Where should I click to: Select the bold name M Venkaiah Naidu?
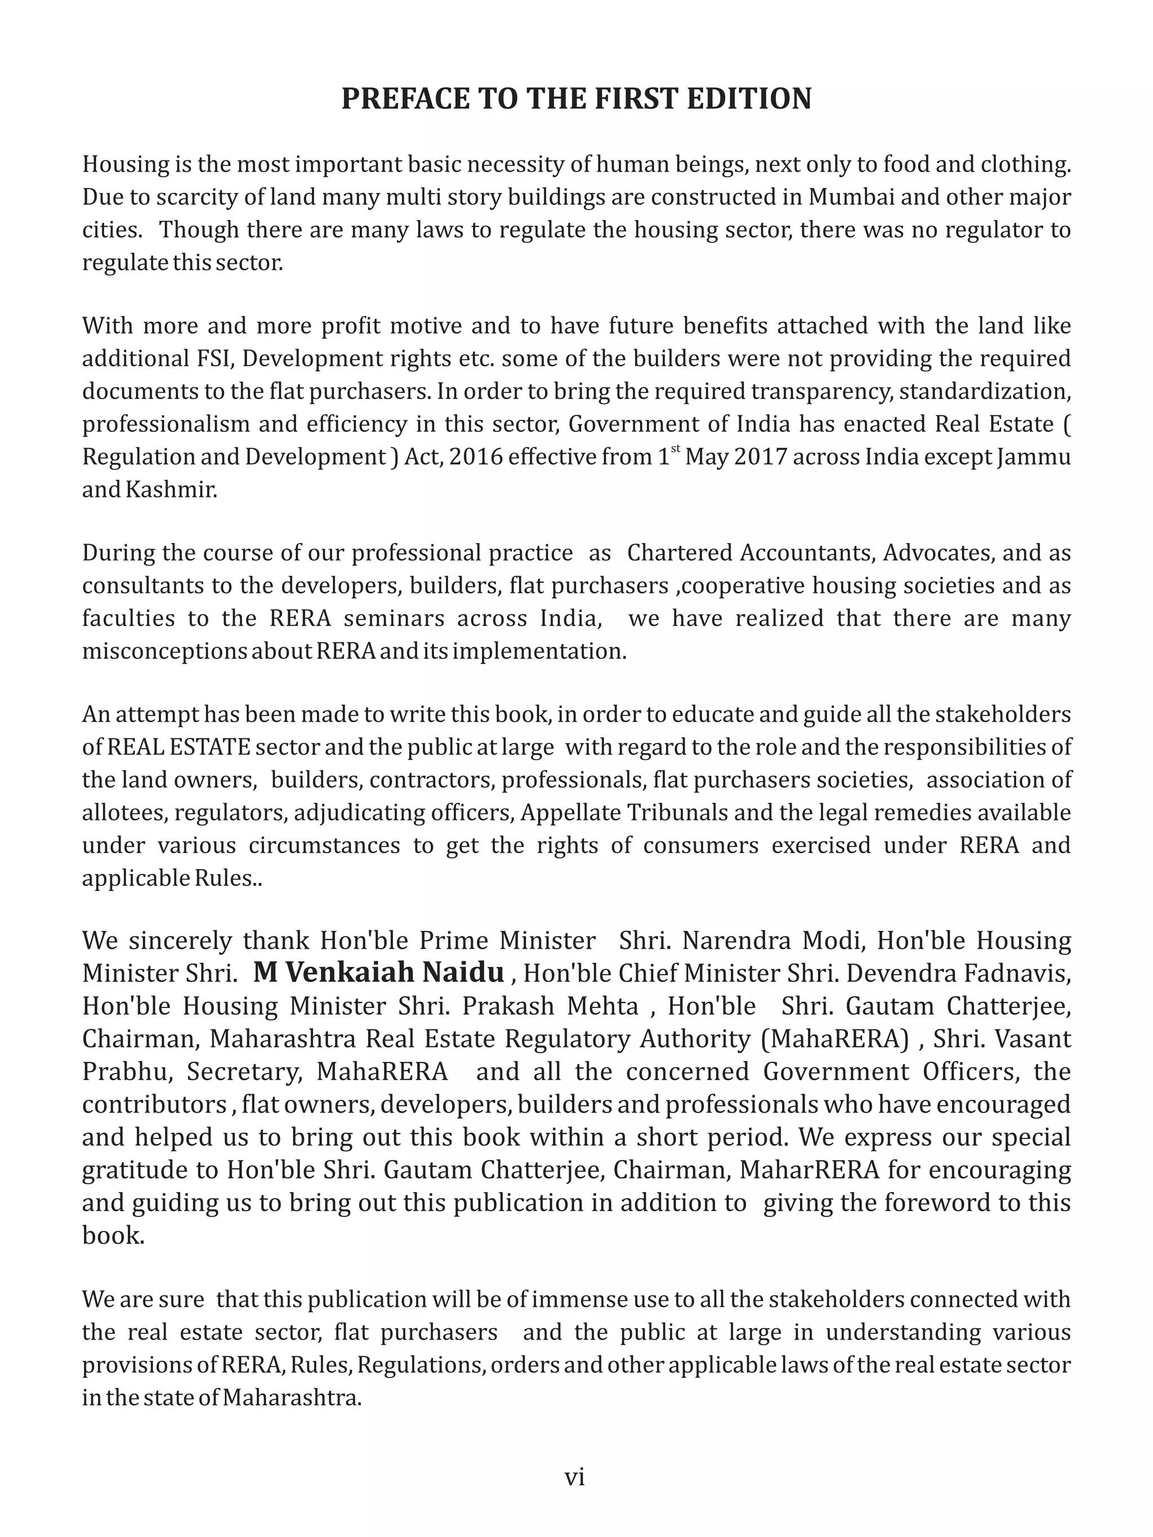click(x=379, y=972)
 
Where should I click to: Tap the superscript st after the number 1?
click(x=674, y=450)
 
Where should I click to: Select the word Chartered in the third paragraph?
click(x=680, y=553)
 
